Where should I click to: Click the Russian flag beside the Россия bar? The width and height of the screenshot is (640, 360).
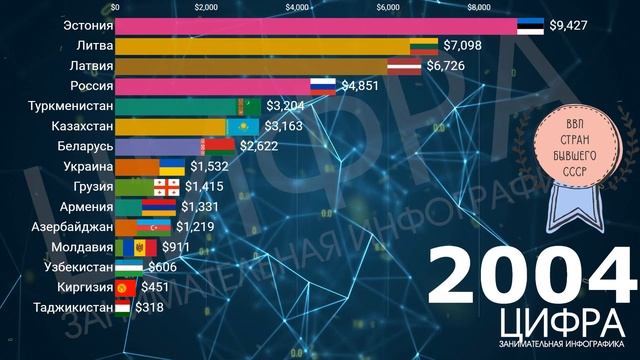[x=323, y=86]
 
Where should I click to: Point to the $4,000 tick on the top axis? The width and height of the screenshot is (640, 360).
[x=297, y=8]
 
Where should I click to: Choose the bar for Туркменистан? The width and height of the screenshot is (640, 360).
[x=175, y=106]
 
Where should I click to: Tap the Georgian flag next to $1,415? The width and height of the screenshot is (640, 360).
[x=166, y=187]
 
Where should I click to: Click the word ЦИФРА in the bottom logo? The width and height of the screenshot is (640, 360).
[x=559, y=323]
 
